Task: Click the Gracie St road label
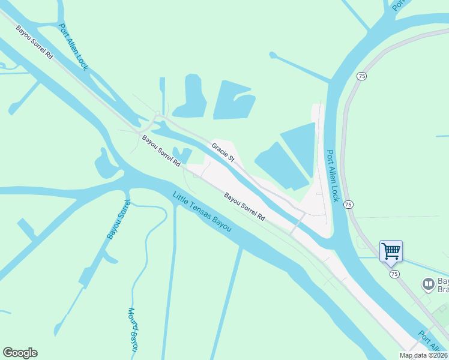pyautogui.click(x=222, y=151)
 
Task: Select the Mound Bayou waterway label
pyautogui.click(x=134, y=329)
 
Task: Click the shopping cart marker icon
pyautogui.click(x=391, y=251)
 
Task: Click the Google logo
pyautogui.click(x=20, y=353)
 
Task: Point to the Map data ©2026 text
pyautogui.click(x=423, y=355)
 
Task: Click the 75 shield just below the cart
pyautogui.click(x=394, y=274)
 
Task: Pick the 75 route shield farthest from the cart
pyautogui.click(x=361, y=76)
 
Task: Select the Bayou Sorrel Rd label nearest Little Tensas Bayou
pyautogui.click(x=244, y=206)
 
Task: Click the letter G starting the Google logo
pyautogui.click(x=7, y=353)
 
